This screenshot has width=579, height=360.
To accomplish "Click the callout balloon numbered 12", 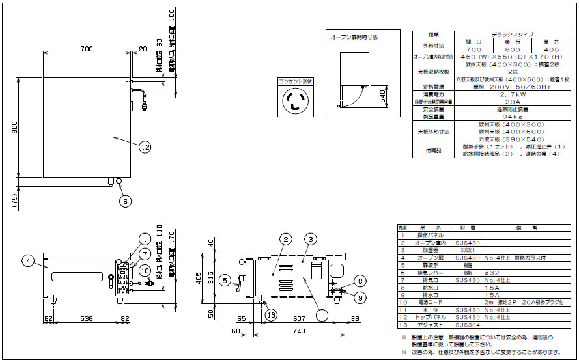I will (145, 148).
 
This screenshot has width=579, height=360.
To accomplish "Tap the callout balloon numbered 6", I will (125, 201).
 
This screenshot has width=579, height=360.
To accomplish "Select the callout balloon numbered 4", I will (27, 261).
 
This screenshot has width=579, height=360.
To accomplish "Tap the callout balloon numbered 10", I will (145, 270).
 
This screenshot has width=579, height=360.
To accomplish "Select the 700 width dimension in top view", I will (86, 49).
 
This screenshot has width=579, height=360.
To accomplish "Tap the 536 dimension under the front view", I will (87, 320).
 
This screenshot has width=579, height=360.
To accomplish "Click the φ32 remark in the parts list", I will (492, 272).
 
